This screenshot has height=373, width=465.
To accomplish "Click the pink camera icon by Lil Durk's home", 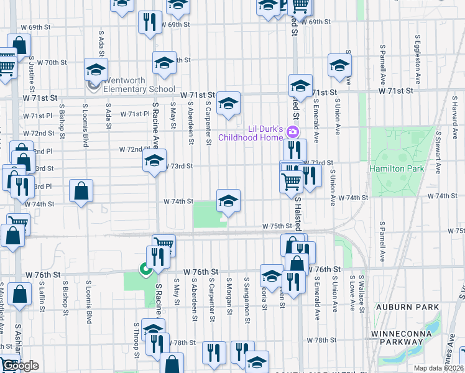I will [292, 132].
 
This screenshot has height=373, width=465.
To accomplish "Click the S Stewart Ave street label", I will [439, 151].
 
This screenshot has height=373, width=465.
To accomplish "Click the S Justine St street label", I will [30, 71].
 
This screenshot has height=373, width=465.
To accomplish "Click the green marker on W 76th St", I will [145, 269].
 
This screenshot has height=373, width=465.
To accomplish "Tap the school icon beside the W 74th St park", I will [228, 200].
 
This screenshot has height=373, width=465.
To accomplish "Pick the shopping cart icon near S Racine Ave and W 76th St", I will [164, 244].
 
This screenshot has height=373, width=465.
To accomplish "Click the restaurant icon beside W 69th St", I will [149, 22].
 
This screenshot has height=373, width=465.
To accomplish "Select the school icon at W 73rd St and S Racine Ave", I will [154, 160].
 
